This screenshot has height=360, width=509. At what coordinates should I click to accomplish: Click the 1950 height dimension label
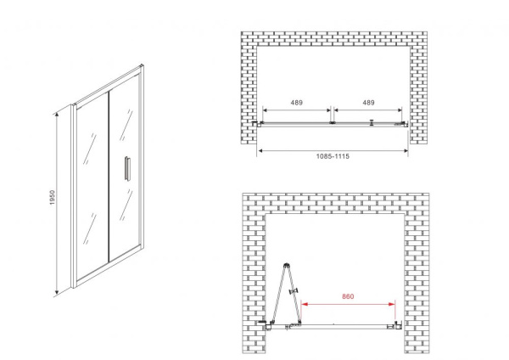(x=53, y=197)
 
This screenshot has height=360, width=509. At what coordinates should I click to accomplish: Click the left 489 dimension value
(x=296, y=103)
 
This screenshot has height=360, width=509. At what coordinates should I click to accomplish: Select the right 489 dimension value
(x=368, y=103)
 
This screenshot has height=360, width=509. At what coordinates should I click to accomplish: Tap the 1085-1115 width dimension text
(x=333, y=156)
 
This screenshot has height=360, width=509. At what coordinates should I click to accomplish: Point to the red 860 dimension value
(x=348, y=296)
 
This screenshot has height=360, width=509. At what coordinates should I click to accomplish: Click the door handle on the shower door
(x=127, y=167)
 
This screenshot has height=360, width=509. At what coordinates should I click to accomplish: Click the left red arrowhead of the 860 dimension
(x=305, y=304)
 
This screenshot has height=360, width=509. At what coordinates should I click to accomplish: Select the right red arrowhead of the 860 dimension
(x=392, y=304)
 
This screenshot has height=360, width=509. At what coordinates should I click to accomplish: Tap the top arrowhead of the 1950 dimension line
(x=57, y=115)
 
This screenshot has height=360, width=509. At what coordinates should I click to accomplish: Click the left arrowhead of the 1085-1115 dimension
(x=260, y=150)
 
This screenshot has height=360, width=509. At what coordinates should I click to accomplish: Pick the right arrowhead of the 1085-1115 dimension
(x=405, y=150)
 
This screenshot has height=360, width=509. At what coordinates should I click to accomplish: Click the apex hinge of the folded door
(x=287, y=265)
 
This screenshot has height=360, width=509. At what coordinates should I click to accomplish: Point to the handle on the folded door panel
(x=294, y=291)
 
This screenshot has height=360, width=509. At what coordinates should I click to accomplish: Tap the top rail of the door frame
(x=108, y=85)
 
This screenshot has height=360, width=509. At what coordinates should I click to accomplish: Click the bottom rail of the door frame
(x=108, y=266)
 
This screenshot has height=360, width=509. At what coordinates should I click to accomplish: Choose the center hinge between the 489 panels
(x=332, y=123)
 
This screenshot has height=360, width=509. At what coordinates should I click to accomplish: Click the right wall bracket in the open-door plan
(x=398, y=325)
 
